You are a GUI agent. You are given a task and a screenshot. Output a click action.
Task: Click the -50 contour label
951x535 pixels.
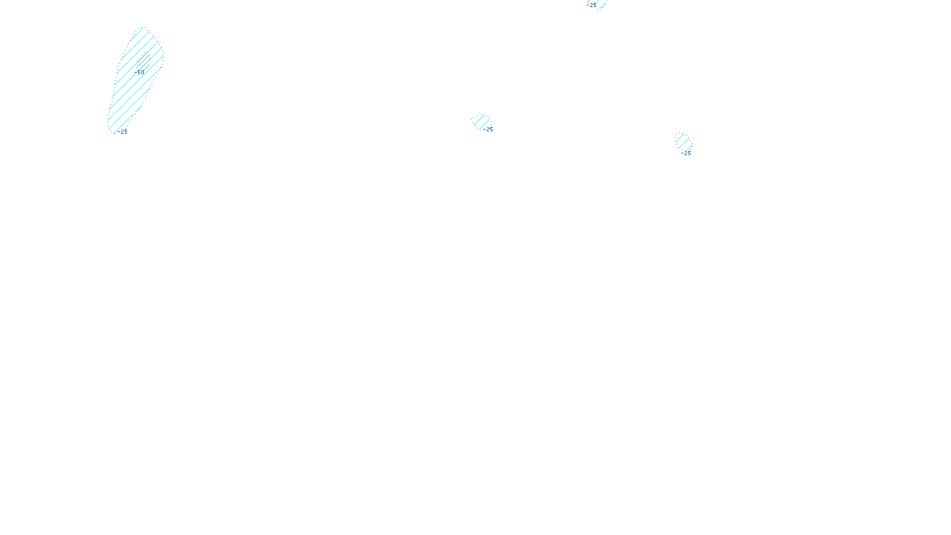click(139, 73)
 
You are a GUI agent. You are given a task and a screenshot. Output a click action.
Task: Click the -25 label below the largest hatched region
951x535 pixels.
click(122, 132)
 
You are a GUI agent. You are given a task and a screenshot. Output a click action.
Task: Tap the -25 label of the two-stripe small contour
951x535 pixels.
click(488, 130)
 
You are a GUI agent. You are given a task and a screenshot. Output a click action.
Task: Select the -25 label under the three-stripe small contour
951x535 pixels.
click(686, 153)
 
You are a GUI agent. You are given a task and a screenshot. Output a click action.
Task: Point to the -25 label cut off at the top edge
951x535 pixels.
click(591, 5)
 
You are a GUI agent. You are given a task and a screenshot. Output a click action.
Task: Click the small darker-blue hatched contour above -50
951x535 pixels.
click(143, 61)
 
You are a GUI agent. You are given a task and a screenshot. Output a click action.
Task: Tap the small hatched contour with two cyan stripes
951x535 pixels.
click(481, 122)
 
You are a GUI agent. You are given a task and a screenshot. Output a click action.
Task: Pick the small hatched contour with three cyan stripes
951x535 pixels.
click(684, 142)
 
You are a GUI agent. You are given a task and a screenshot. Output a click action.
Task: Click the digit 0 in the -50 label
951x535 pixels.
click(143, 73)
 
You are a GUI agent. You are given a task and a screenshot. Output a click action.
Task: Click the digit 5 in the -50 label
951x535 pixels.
click(139, 73)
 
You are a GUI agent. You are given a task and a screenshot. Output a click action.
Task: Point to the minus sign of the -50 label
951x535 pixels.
click(136, 73)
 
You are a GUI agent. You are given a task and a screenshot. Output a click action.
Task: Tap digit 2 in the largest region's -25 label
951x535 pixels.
click(122, 132)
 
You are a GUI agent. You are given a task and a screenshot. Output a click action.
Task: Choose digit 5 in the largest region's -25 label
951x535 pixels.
click(125, 132)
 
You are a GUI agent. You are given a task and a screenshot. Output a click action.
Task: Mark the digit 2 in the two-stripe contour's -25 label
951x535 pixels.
click(487, 130)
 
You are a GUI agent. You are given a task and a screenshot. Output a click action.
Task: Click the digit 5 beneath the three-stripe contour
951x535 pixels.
click(689, 153)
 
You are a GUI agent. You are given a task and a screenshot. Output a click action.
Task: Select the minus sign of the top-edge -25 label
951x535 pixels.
click(588, 5)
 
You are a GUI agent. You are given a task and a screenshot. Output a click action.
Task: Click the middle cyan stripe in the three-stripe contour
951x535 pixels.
click(684, 143)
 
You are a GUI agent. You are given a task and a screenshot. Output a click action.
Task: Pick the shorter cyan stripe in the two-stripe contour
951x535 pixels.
click(478, 120)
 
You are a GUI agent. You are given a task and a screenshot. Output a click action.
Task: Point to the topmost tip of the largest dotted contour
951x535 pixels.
click(144, 27)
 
